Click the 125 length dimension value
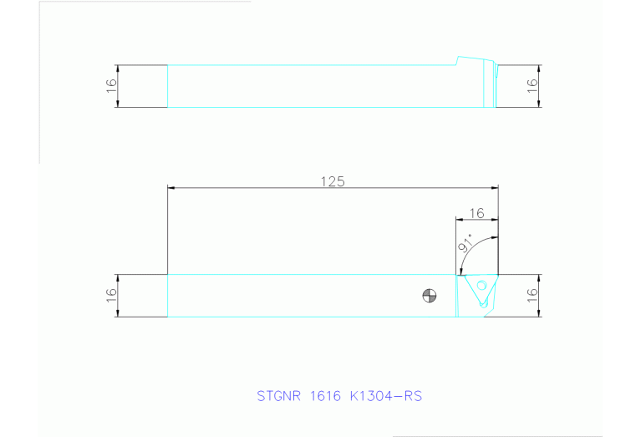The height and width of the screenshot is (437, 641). pyautogui.click(x=333, y=181)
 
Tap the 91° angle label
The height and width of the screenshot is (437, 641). pyautogui.click(x=465, y=244)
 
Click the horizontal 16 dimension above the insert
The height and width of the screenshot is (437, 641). pyautogui.click(x=477, y=213)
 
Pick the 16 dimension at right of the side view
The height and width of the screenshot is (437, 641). pyautogui.click(x=531, y=86)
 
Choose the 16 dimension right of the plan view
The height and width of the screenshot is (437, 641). pyautogui.click(x=531, y=296)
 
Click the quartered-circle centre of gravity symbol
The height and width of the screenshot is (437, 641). pyautogui.click(x=429, y=295)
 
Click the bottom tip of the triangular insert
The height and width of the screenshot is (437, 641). pyautogui.click(x=484, y=307)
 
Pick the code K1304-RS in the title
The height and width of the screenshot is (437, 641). pyautogui.click(x=386, y=395)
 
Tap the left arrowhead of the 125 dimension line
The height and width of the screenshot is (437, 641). pyautogui.click(x=171, y=189)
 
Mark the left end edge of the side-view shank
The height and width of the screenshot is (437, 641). pyautogui.click(x=168, y=86)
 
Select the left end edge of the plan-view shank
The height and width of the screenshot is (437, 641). pyautogui.click(x=168, y=296)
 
